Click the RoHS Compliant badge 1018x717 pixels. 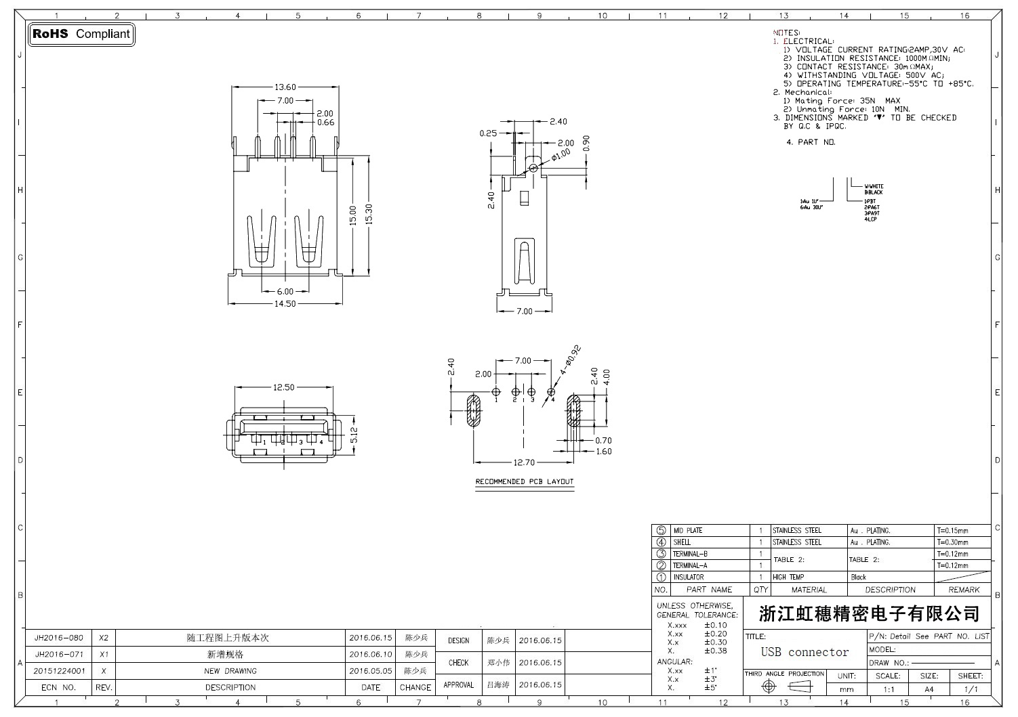tap(81, 34)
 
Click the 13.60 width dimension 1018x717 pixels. tap(285, 87)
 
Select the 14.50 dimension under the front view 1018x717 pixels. tap(285, 304)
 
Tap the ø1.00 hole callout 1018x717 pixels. tap(561, 154)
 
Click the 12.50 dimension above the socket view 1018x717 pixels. tap(283, 388)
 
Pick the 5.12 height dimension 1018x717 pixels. tap(353, 435)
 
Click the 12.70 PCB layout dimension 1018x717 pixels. tap(524, 463)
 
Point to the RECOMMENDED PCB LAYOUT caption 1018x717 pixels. tap(524, 482)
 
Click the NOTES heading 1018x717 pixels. tap(786, 32)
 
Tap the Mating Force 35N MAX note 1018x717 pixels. tap(847, 101)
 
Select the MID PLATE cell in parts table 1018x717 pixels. tap(687, 531)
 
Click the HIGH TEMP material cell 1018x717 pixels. tap(788, 578)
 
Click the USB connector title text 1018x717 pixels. tap(805, 653)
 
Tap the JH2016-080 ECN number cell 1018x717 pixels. tap(59, 638)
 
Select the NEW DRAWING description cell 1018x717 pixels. tap(230, 671)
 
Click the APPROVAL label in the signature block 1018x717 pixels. tap(458, 685)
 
